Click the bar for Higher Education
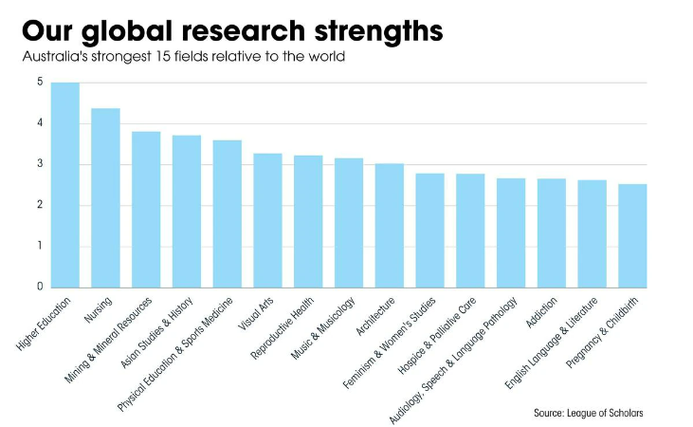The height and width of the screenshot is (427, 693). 65,185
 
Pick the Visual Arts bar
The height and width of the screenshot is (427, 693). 267,220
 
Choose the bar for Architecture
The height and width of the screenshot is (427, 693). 390,225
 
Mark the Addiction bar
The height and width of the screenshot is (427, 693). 552,232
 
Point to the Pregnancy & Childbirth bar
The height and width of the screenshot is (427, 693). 632,235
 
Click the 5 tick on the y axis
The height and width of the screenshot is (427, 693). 40,83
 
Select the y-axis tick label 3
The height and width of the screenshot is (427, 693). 40,164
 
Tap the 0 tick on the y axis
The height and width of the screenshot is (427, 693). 40,287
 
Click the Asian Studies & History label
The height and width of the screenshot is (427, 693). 159,337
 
